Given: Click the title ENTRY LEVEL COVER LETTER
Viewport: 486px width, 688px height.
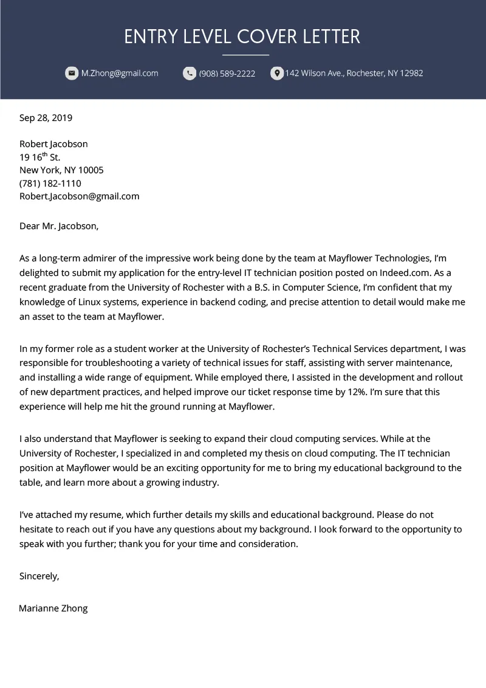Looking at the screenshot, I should tap(242, 36).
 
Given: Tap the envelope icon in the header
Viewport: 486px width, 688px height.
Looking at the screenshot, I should tap(72, 74).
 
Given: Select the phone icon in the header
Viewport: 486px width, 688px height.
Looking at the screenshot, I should tap(190, 74).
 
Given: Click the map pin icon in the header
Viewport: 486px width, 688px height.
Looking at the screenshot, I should tap(276, 74).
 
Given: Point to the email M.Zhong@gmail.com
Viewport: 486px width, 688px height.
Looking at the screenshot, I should tap(120, 74).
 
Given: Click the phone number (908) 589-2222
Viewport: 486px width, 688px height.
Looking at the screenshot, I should tap(227, 74).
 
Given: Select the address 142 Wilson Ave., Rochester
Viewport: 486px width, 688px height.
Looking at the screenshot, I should tap(354, 74).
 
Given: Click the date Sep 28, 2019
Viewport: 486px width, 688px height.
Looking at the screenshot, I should tap(46, 118).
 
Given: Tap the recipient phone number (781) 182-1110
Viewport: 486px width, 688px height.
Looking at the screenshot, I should tap(50, 183).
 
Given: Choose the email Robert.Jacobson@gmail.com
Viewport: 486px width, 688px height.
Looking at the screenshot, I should tap(79, 196).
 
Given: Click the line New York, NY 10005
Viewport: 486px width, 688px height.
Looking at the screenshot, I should tap(61, 170).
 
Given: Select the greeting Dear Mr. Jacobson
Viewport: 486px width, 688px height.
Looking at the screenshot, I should tap(58, 226).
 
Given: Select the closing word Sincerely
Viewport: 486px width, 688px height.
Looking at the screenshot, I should tap(39, 576).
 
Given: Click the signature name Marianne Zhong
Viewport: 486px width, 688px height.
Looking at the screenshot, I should tap(53, 608).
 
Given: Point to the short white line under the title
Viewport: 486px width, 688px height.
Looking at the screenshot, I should tap(245, 55).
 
